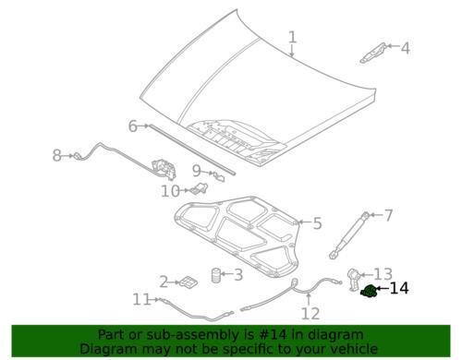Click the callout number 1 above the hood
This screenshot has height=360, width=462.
click(x=293, y=38)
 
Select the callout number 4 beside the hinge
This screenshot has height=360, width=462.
click(x=406, y=48)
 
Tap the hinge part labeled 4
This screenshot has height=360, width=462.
click(x=373, y=54)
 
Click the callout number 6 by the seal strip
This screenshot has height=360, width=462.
click(x=133, y=126)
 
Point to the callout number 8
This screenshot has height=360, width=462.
click(x=57, y=155)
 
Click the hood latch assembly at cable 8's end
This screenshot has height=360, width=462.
click(x=164, y=170)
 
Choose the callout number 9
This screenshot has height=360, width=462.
click(x=197, y=171)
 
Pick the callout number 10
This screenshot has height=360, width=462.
click(x=171, y=191)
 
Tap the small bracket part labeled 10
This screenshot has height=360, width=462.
click(x=200, y=188)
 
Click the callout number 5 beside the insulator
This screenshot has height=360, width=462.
click(x=317, y=223)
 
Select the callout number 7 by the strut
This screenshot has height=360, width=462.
click(x=388, y=215)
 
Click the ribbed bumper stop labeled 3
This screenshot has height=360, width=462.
click(x=216, y=275)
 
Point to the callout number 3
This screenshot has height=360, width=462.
click(x=238, y=274)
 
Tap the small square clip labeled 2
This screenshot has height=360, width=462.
click(x=188, y=282)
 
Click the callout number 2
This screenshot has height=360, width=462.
click(x=164, y=282)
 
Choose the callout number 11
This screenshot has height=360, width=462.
click(x=141, y=299)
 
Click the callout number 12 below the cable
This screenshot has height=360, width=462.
click(x=310, y=314)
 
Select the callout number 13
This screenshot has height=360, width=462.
click(x=383, y=274)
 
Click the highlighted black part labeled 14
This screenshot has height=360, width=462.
click(x=369, y=291)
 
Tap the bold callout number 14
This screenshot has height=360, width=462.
click(x=399, y=288)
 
